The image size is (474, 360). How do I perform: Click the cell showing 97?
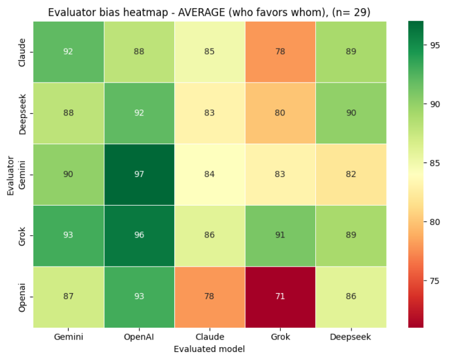click(139, 174)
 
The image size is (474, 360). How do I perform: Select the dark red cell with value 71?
click(280, 297)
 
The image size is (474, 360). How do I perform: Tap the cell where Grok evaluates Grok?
click(280, 235)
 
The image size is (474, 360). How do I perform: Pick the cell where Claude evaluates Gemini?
click(68, 52)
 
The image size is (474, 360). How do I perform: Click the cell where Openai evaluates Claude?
click(209, 297)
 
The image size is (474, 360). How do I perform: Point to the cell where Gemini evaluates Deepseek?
click(351, 174)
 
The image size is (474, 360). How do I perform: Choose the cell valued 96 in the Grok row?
click(139, 235)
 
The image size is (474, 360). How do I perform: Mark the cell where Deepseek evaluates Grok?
click(280, 113)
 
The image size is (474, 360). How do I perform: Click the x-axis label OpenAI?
click(139, 337)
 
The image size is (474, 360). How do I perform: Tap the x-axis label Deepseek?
click(351, 337)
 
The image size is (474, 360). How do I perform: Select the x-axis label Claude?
click(209, 337)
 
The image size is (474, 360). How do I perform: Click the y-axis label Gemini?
click(22, 174)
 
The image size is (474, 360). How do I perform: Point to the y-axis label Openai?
click(22, 297)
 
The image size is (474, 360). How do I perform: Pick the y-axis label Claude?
click(22, 52)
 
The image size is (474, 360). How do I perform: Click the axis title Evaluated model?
click(209, 349)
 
